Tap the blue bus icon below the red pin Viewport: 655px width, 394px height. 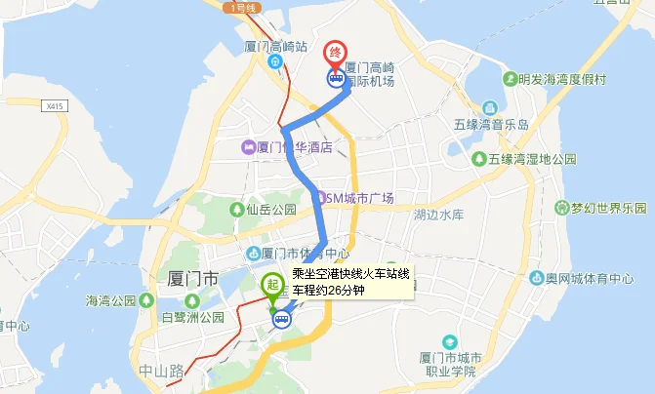click(x=335, y=80)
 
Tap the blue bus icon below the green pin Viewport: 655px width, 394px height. click(x=281, y=319)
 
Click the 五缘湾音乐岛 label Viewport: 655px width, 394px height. click(x=491, y=126)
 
